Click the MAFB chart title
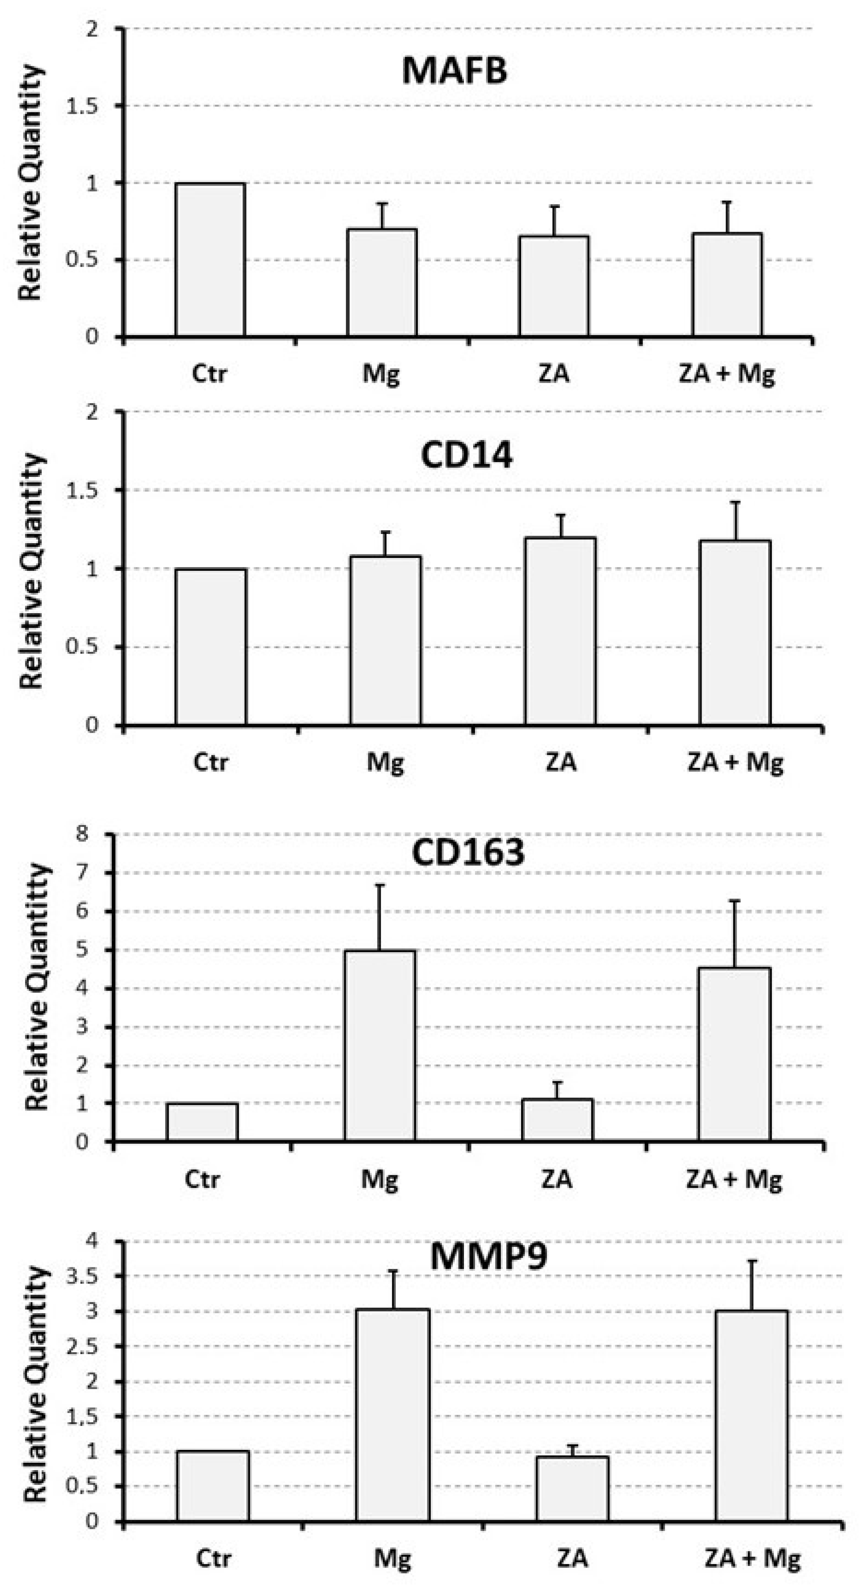[x=454, y=71]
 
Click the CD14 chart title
[x=466, y=456]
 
